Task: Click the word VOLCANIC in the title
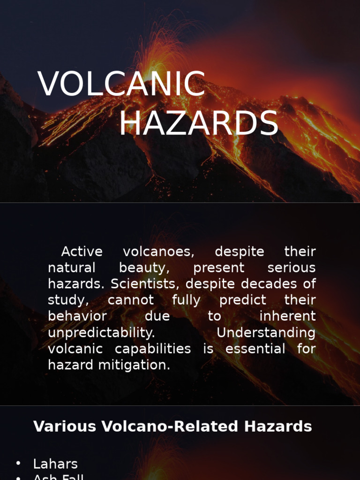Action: [x=121, y=85]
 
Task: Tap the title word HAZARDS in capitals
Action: [x=199, y=124]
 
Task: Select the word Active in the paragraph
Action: [x=82, y=252]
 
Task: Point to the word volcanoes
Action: [x=158, y=252]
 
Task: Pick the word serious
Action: [x=291, y=268]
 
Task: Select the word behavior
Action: [x=77, y=316]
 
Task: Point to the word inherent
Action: [x=287, y=316]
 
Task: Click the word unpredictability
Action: [x=101, y=333]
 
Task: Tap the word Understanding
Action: [x=266, y=333]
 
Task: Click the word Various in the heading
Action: [x=65, y=427]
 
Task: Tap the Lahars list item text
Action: [x=55, y=464]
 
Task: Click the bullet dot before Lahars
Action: [x=18, y=463]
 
